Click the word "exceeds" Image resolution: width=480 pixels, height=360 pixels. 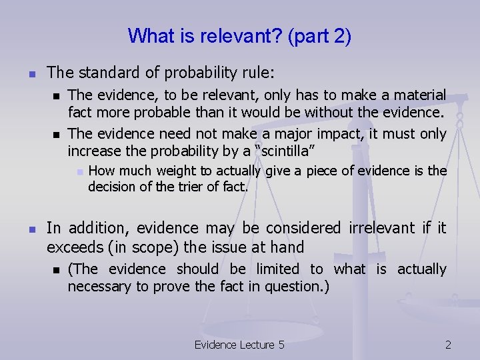point(73,247)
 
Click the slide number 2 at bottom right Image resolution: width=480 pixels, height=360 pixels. point(448,345)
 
